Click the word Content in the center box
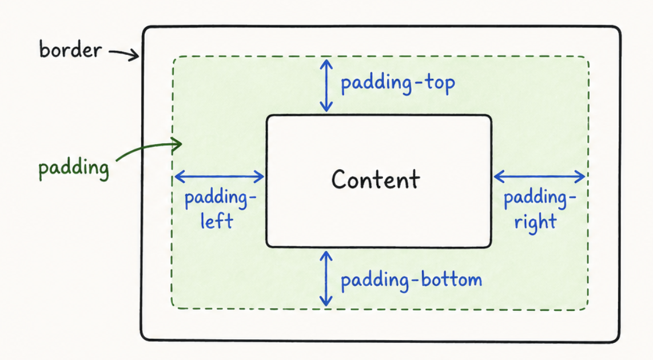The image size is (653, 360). [x=376, y=179]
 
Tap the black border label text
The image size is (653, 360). [x=70, y=50]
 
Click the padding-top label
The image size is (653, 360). [x=398, y=84]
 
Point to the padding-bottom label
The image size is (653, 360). [x=411, y=280]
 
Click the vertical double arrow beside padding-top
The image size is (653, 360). [x=326, y=85]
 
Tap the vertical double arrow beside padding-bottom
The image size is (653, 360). [x=326, y=279]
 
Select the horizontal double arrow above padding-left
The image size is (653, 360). [x=219, y=177]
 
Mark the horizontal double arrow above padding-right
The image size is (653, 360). [x=539, y=176]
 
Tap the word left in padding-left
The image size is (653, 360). [x=217, y=221]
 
